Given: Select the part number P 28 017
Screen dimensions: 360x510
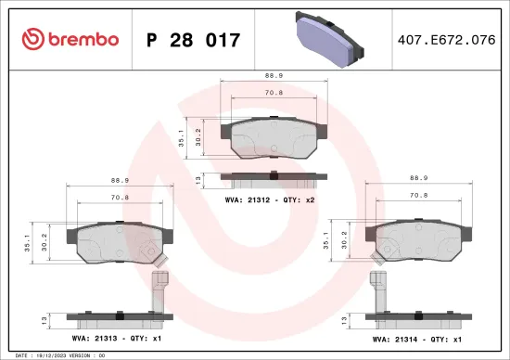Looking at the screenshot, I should pyautogui.click(x=195, y=41).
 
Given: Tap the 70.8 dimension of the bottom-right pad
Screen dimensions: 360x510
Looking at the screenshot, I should pyautogui.click(x=418, y=197).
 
